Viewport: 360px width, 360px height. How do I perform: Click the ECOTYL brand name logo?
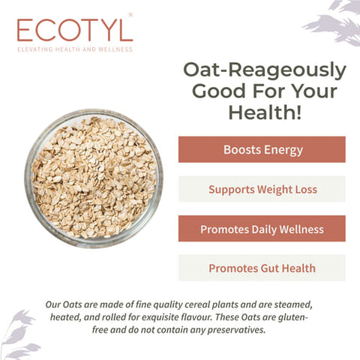(x=74, y=29)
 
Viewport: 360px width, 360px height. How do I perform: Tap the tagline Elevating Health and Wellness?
(x=74, y=49)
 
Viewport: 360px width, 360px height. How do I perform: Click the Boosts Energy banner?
(x=262, y=149)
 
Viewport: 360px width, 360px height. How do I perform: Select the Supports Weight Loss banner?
(x=262, y=189)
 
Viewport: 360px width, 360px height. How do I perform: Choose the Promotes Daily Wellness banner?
(x=262, y=229)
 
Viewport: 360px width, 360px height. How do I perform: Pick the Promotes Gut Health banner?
(x=262, y=268)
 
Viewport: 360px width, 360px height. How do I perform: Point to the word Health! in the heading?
(x=265, y=113)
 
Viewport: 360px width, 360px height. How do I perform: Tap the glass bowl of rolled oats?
(x=94, y=178)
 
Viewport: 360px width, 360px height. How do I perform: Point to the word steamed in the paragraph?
(x=289, y=304)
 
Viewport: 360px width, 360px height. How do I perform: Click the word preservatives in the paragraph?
(x=230, y=329)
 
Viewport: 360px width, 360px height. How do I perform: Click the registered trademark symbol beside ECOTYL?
(x=130, y=14)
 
